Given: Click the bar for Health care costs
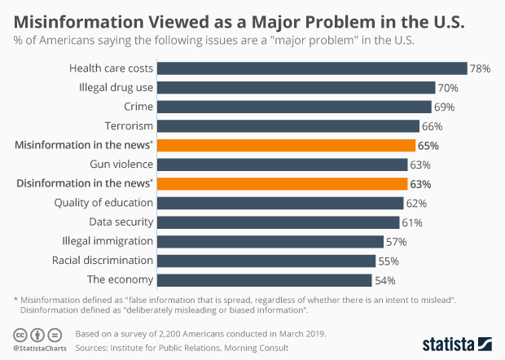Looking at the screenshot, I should tap(311, 68).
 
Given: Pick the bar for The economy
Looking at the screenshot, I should tap(265, 280).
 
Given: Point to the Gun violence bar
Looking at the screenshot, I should tap(283, 165).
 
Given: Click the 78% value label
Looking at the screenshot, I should tap(480, 69).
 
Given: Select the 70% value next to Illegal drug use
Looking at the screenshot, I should tap(448, 88).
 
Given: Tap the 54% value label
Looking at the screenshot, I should tap(384, 280).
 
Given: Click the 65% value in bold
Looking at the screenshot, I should tap(428, 146).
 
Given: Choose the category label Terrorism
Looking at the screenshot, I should tap(129, 126).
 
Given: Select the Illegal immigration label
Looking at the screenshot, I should tap(108, 241).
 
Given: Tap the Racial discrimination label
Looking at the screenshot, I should tap(102, 261).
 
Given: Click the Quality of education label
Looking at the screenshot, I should tap(103, 203).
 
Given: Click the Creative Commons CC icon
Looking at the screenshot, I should tap(19, 336).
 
